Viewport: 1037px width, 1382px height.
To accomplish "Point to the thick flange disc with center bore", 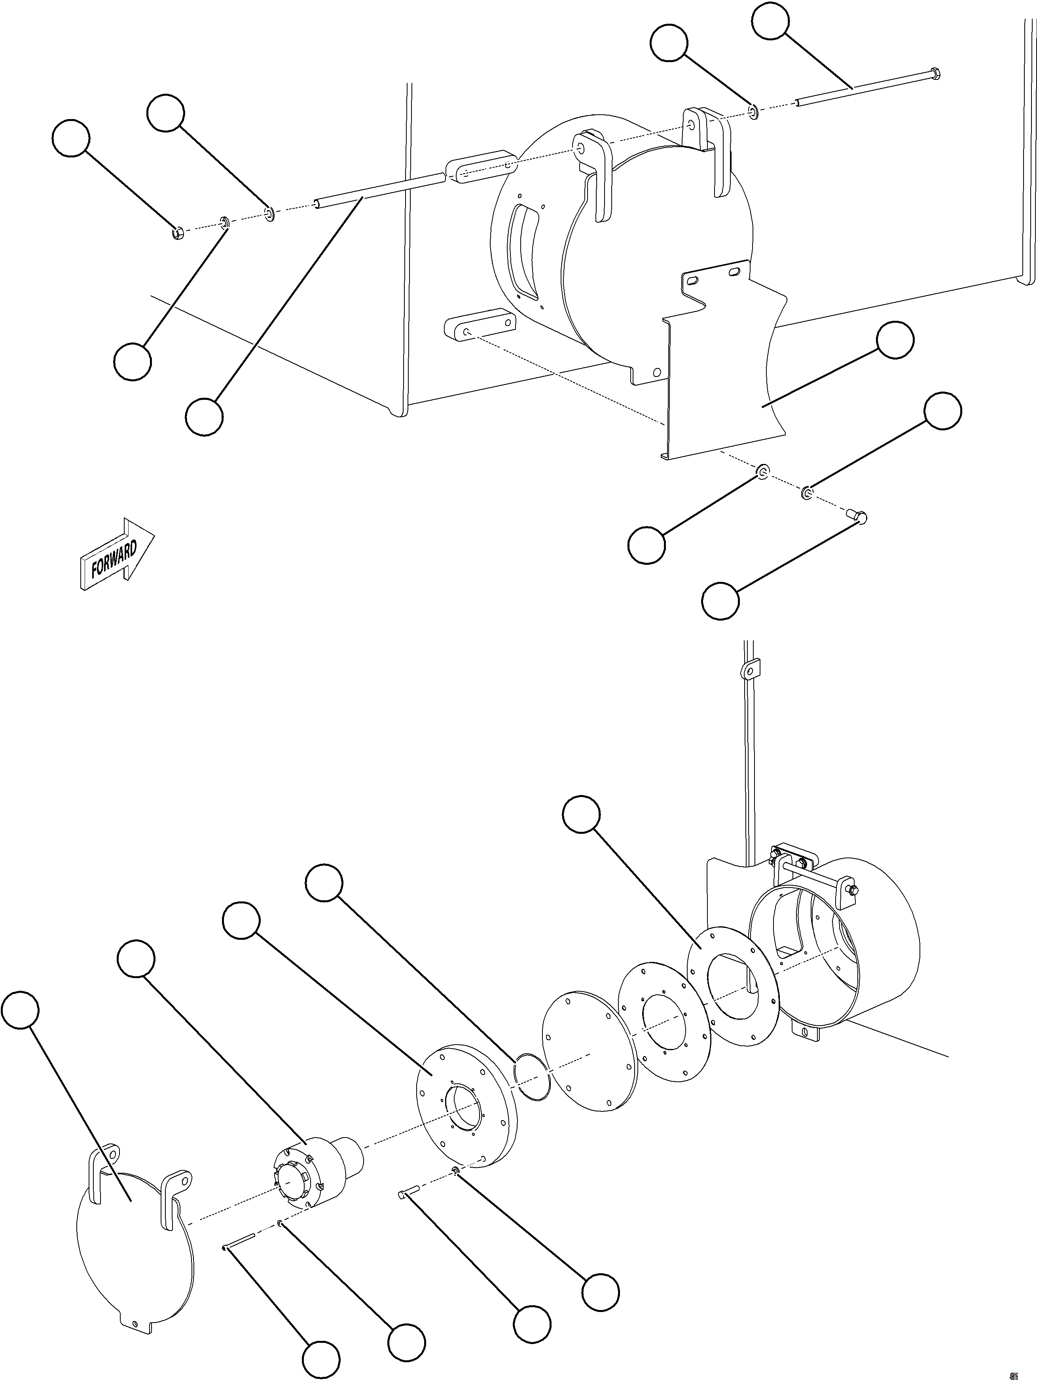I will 466,1103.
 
